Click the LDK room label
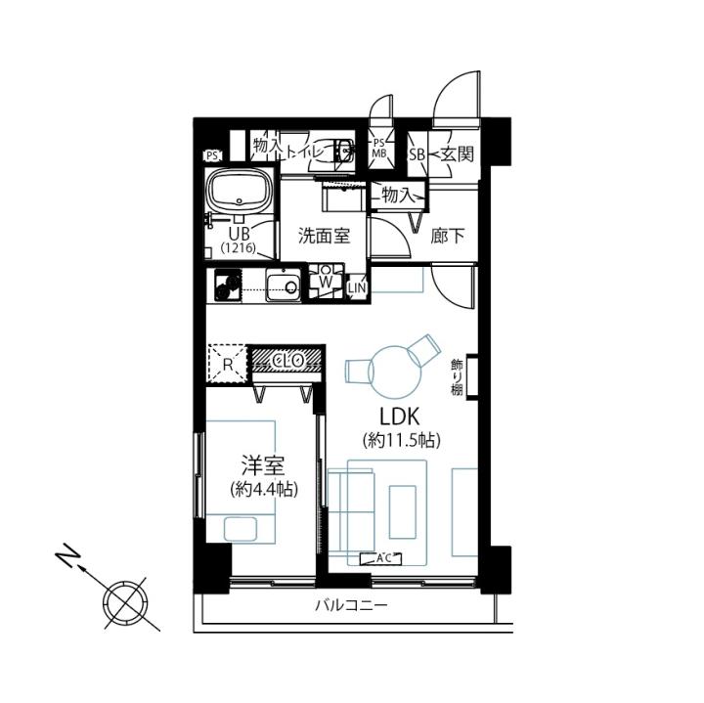pos(400,417)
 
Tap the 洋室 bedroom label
pos(263,465)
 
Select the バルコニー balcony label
pos(351,606)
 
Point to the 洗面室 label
pos(325,236)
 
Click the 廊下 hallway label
pos(447,236)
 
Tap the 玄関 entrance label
pos(457,154)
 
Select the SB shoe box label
pos(417,154)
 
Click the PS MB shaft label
pos(379,149)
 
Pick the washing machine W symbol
pos(326,282)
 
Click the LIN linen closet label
pos(358,288)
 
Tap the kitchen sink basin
pos(283,286)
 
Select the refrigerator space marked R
pos(228,364)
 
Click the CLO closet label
pos(287,360)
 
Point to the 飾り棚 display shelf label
pos(457,377)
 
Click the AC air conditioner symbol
pos(380,558)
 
